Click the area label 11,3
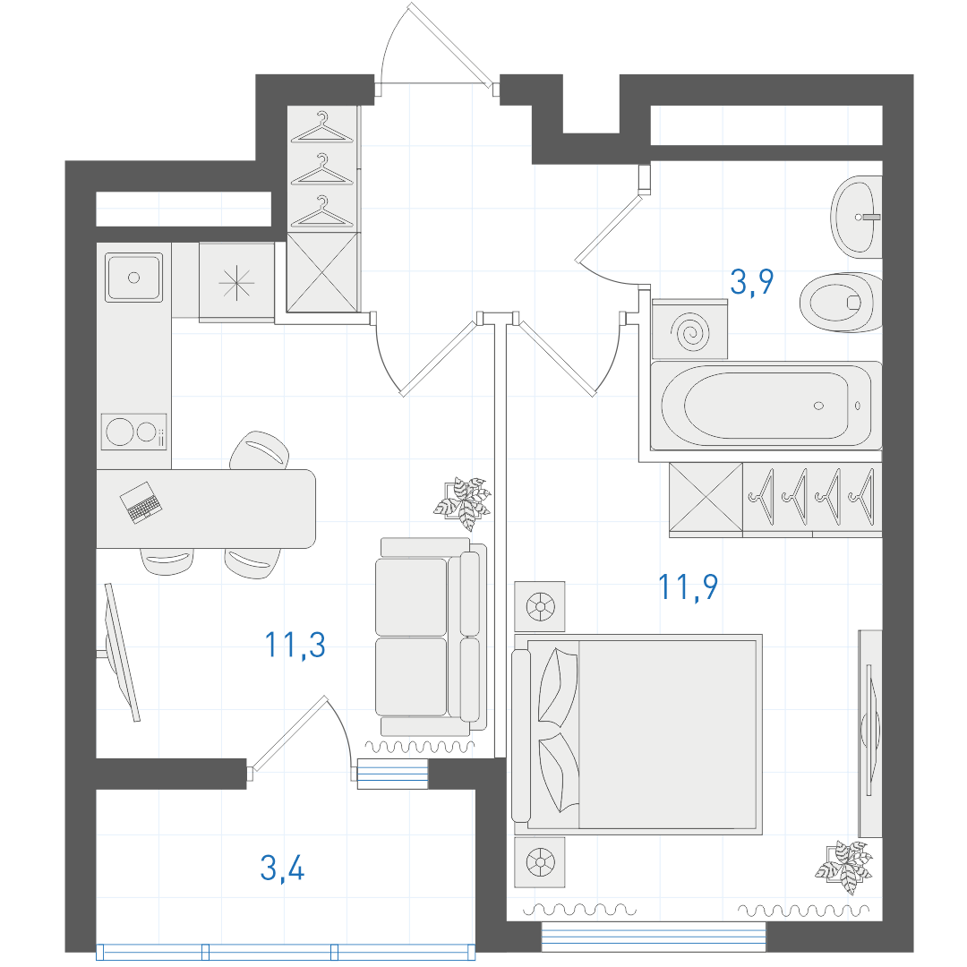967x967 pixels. pos(295,645)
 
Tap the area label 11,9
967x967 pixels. pos(688,586)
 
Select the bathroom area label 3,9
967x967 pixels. pos(752,282)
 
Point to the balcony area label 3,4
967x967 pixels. pos(282,868)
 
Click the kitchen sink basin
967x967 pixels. pos(133,278)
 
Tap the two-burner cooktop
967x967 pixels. pos(133,432)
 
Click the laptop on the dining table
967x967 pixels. pos(141,502)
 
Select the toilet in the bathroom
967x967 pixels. pos(841,303)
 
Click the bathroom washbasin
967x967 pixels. pos(856,217)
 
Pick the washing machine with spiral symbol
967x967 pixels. pos(690,329)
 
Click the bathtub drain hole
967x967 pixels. pos(819,406)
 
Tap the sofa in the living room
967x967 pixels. pos(431,637)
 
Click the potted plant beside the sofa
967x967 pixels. pos(463,503)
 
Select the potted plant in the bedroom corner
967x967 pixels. pos(844,867)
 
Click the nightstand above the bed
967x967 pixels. pos(540,606)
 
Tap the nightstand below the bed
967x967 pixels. pos(540,862)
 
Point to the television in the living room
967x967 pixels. pos(122,652)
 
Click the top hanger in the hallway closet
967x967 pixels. pos(322,127)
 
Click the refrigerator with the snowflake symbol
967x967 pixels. pos(236,282)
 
